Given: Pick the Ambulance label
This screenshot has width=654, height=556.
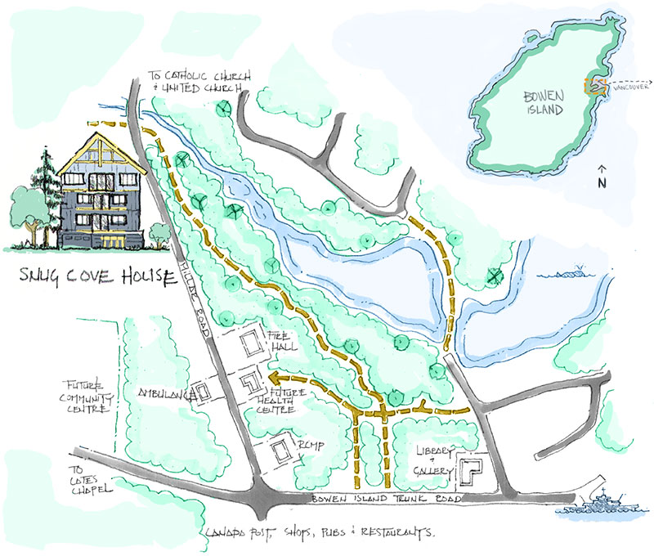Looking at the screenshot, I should point(166,392).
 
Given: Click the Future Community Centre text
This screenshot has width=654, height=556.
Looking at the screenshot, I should point(88,396).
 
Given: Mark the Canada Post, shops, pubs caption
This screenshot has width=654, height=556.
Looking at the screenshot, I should point(319,532).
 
